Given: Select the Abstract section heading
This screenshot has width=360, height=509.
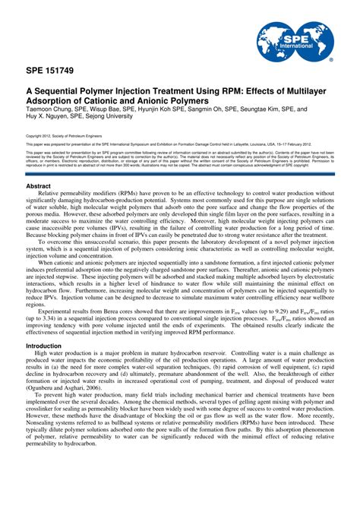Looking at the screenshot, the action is point(39,185).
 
